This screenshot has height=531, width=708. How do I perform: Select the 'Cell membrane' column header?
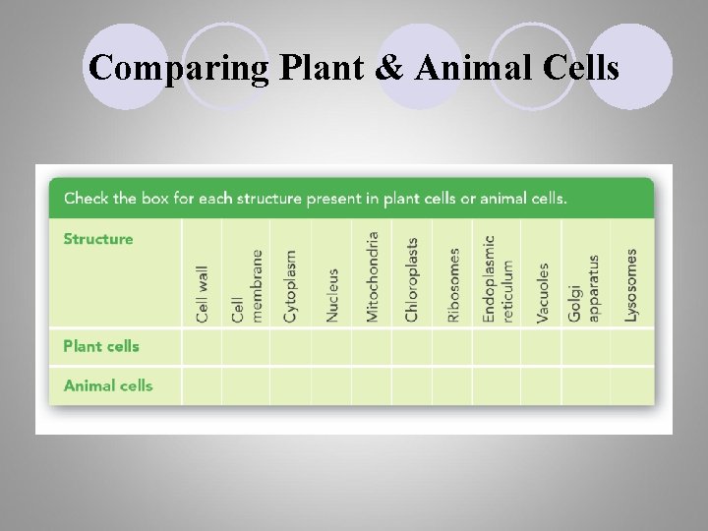246,285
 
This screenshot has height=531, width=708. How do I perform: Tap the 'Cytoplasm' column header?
290,285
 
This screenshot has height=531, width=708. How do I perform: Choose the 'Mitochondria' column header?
372,276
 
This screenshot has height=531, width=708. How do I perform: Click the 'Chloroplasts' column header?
412,279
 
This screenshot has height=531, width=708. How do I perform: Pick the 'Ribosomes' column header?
452,284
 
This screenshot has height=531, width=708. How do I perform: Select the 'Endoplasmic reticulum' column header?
497,278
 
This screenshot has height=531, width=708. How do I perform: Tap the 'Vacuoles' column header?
543,292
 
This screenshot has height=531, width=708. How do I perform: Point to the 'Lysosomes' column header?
631,284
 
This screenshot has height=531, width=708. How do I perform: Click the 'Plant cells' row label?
101,346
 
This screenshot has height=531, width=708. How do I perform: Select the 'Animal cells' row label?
108,385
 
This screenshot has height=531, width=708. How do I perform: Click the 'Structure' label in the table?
98,239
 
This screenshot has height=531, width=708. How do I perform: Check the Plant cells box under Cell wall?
202,346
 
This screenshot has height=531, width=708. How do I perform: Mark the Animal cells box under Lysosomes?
631,385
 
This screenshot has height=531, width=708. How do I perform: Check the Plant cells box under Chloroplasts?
412,346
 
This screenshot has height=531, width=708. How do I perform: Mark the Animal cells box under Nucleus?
332,385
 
